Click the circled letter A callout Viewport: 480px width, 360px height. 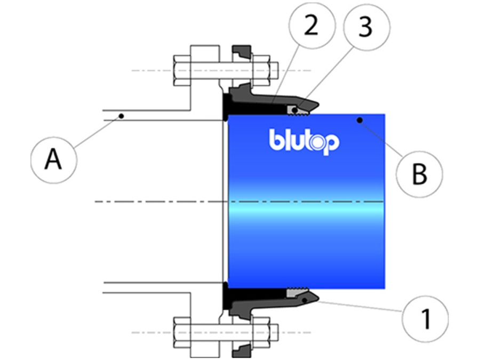(x=53, y=159)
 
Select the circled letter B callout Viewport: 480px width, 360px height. (x=420, y=173)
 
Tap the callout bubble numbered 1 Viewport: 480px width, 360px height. (x=426, y=319)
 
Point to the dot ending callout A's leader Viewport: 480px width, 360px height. (x=122, y=115)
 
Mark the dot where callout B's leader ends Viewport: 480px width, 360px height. (x=361, y=120)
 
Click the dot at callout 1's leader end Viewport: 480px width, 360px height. (x=305, y=301)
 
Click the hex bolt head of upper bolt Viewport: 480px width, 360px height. (x=180, y=70)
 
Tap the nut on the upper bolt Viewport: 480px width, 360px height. (x=264, y=70)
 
